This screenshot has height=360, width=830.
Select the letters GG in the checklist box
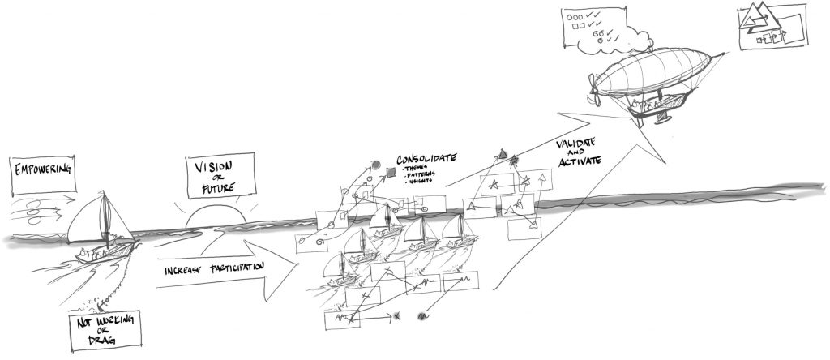[600, 34]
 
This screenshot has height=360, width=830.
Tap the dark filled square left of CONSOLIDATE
[391, 172]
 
